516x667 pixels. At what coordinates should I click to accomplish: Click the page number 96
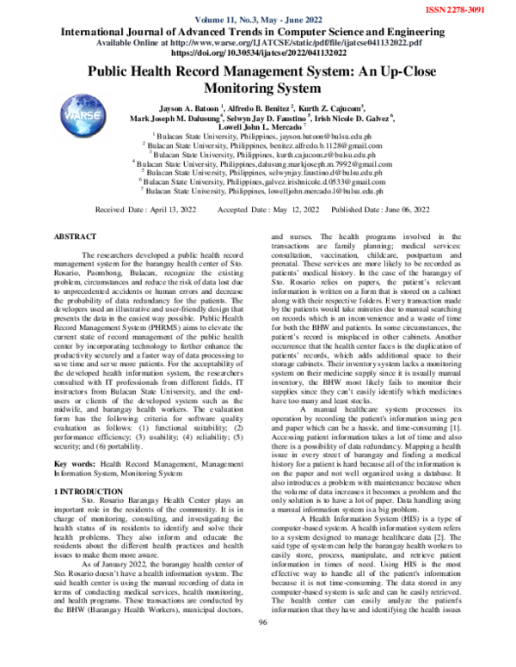(263, 646)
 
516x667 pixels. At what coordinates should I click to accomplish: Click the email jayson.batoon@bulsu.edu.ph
(325, 136)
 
